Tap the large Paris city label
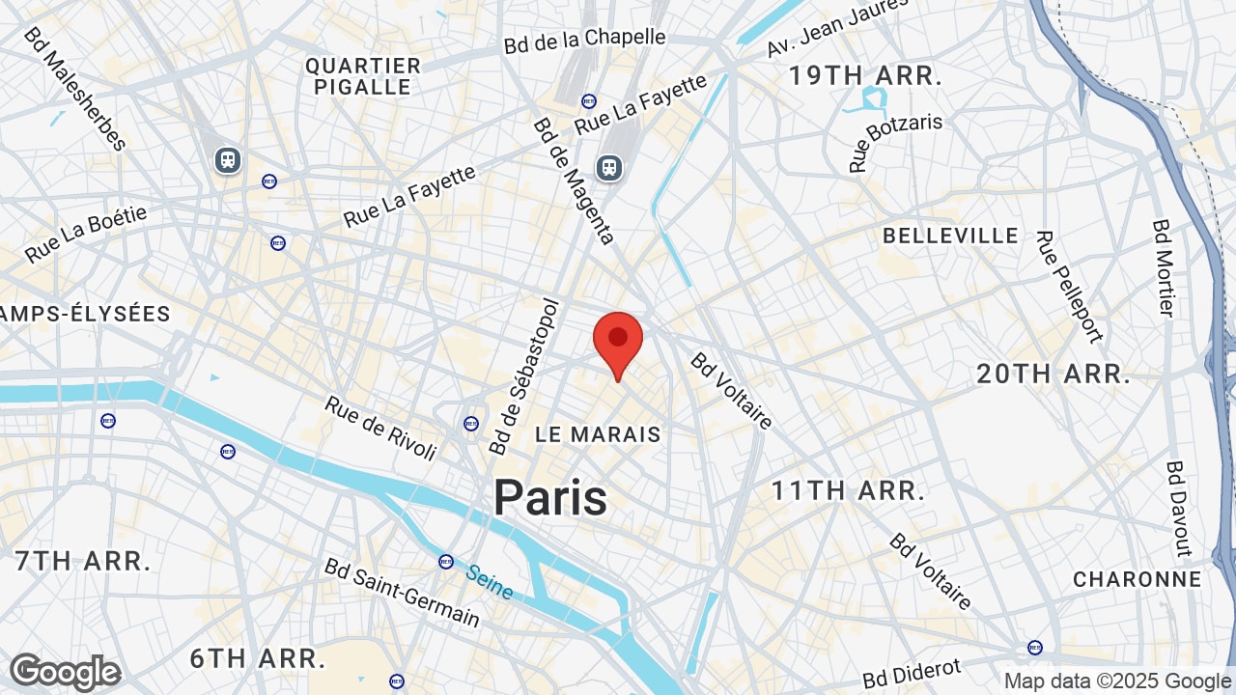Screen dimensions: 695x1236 pyautogui.click(x=550, y=498)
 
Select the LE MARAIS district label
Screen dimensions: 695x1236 pyautogui.click(x=599, y=434)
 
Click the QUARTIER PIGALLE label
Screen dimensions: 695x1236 pyautogui.click(x=363, y=76)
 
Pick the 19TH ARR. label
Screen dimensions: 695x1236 pyautogui.click(x=865, y=76)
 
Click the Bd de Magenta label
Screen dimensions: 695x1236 pyautogui.click(x=574, y=181)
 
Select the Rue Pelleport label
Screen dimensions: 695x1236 pyautogui.click(x=1068, y=286)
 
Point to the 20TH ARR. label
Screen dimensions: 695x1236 pyautogui.click(x=1053, y=375)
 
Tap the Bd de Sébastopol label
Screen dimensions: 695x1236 pyautogui.click(x=524, y=376)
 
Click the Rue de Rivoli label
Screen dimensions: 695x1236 pyautogui.click(x=380, y=428)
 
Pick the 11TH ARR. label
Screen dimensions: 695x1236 pyautogui.click(x=848, y=490)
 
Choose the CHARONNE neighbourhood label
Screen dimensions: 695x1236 pyautogui.click(x=1138, y=579)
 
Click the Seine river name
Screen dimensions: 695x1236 pyautogui.click(x=490, y=582)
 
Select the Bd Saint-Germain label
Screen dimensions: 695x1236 pyautogui.click(x=402, y=592)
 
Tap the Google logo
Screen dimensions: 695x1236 pyautogui.click(x=66, y=672)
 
